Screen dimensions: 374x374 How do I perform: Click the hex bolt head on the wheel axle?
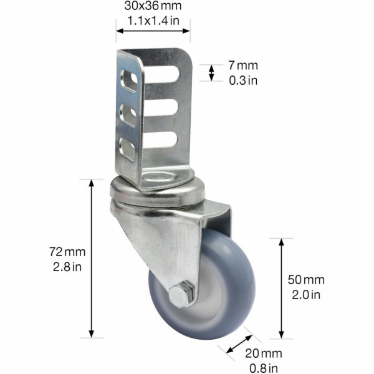tap(180, 296)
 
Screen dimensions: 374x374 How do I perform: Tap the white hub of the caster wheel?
tap(210, 295)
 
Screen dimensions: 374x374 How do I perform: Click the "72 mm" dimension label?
tap(67, 252)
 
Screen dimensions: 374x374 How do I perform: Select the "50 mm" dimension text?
tap(306, 280)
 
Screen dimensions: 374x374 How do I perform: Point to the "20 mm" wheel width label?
tap(264, 353)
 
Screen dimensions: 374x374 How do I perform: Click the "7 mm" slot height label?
tap(243, 65)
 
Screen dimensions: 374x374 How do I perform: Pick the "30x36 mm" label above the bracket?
tap(153, 6)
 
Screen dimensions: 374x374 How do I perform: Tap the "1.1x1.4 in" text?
tap(153, 21)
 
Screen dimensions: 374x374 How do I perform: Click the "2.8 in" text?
tap(67, 267)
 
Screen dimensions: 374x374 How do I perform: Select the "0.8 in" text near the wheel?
tap(264, 368)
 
